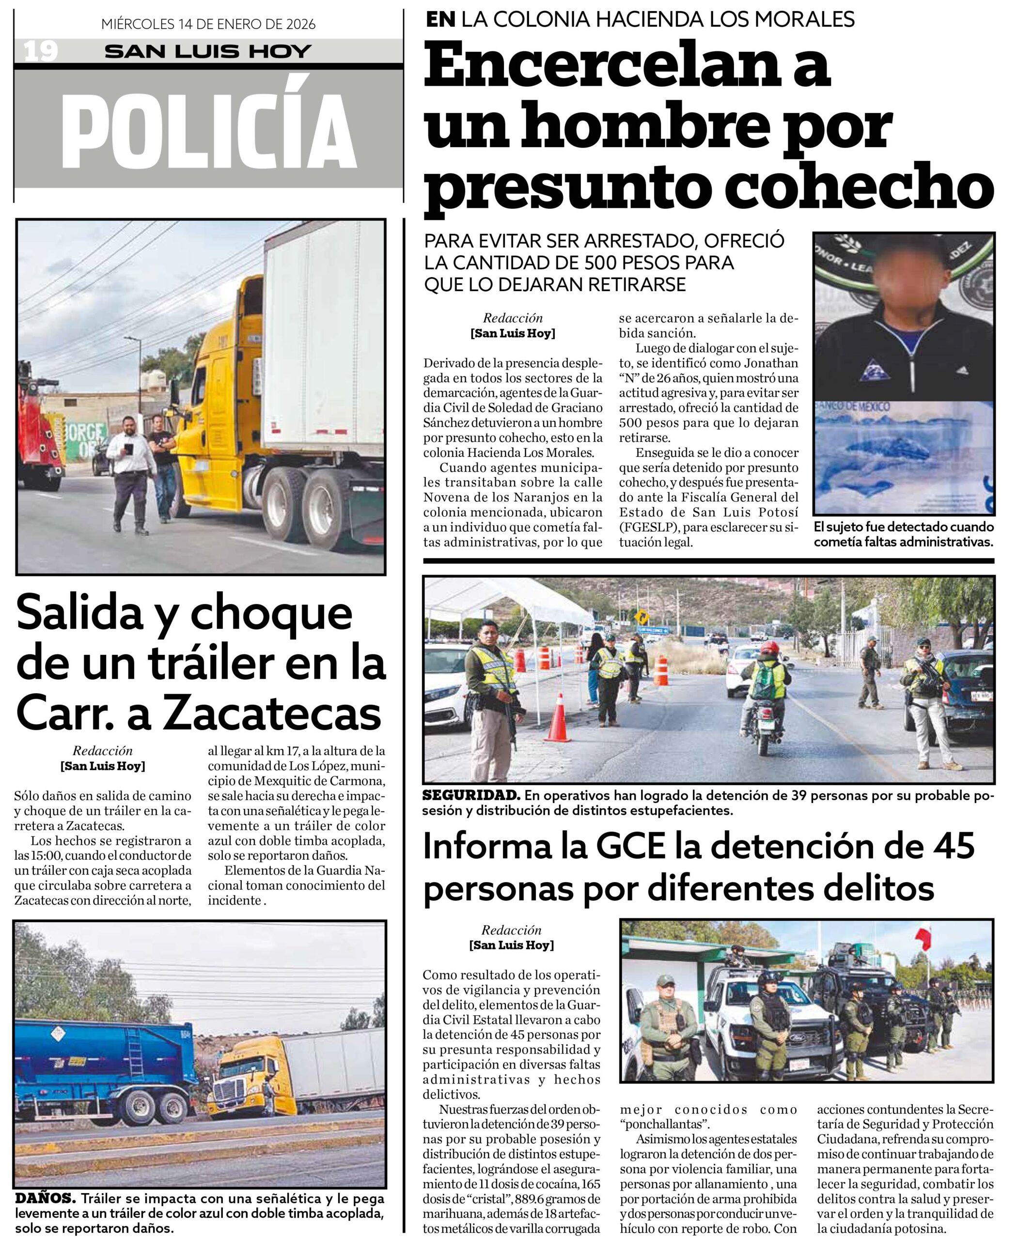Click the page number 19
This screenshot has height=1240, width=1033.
41,51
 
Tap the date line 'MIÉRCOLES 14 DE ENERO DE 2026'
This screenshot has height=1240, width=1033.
208,24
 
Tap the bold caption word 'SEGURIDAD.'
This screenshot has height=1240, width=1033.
471,795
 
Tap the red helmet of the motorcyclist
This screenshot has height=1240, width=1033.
768,647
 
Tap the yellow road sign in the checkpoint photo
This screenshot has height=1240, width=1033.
643,618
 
